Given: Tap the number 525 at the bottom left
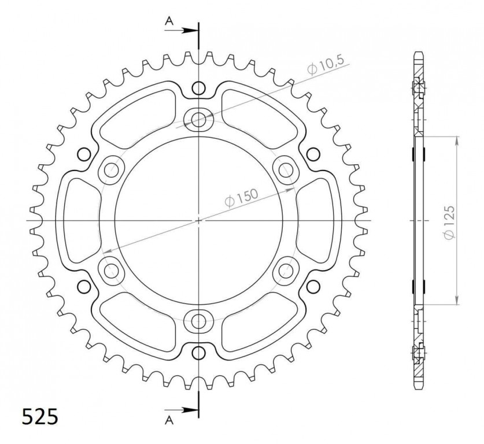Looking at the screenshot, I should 40,417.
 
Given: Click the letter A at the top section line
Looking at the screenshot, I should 169,21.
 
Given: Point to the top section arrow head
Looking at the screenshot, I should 192,29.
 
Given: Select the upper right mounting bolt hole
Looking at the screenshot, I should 285,170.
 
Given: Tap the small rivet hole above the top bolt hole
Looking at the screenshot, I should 198,88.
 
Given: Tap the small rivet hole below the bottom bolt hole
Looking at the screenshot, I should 198,352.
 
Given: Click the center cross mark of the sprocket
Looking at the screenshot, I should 198,220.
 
